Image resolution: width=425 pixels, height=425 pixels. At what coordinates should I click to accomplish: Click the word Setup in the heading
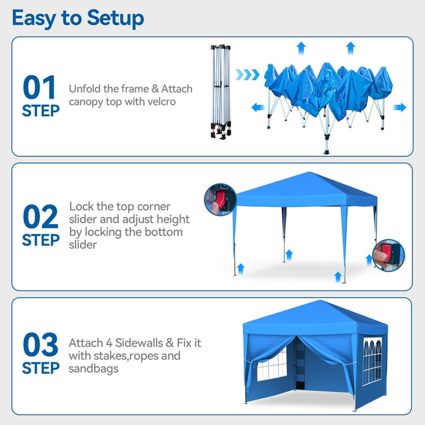[x=116, y=18]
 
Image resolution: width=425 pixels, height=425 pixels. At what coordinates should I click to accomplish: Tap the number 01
[x=39, y=87]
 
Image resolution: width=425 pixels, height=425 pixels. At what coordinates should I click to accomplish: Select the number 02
[x=40, y=216]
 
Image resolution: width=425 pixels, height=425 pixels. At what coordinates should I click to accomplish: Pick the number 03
[x=40, y=344]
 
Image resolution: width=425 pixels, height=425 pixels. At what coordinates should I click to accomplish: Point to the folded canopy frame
[x=221, y=92]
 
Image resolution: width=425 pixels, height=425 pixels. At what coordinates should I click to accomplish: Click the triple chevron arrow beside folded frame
[x=247, y=75]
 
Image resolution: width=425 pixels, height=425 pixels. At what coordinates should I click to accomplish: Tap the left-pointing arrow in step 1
[x=258, y=107]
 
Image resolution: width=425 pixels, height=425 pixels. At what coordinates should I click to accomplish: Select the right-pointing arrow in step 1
[x=400, y=107]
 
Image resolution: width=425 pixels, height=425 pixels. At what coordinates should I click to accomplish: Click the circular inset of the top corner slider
[x=220, y=200]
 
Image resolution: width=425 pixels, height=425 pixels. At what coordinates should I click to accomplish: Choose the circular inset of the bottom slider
[x=388, y=255]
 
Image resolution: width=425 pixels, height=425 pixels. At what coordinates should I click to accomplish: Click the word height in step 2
[x=173, y=220]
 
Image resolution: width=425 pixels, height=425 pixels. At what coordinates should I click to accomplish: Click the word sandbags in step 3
[x=94, y=369]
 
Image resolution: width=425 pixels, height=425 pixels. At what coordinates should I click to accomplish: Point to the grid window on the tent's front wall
[x=272, y=365]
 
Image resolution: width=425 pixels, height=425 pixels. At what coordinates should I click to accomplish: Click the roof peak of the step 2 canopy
[x=309, y=172]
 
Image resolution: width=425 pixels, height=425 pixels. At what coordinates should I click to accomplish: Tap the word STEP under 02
[x=41, y=240]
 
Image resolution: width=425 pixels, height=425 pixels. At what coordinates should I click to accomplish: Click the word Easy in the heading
[x=34, y=19]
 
